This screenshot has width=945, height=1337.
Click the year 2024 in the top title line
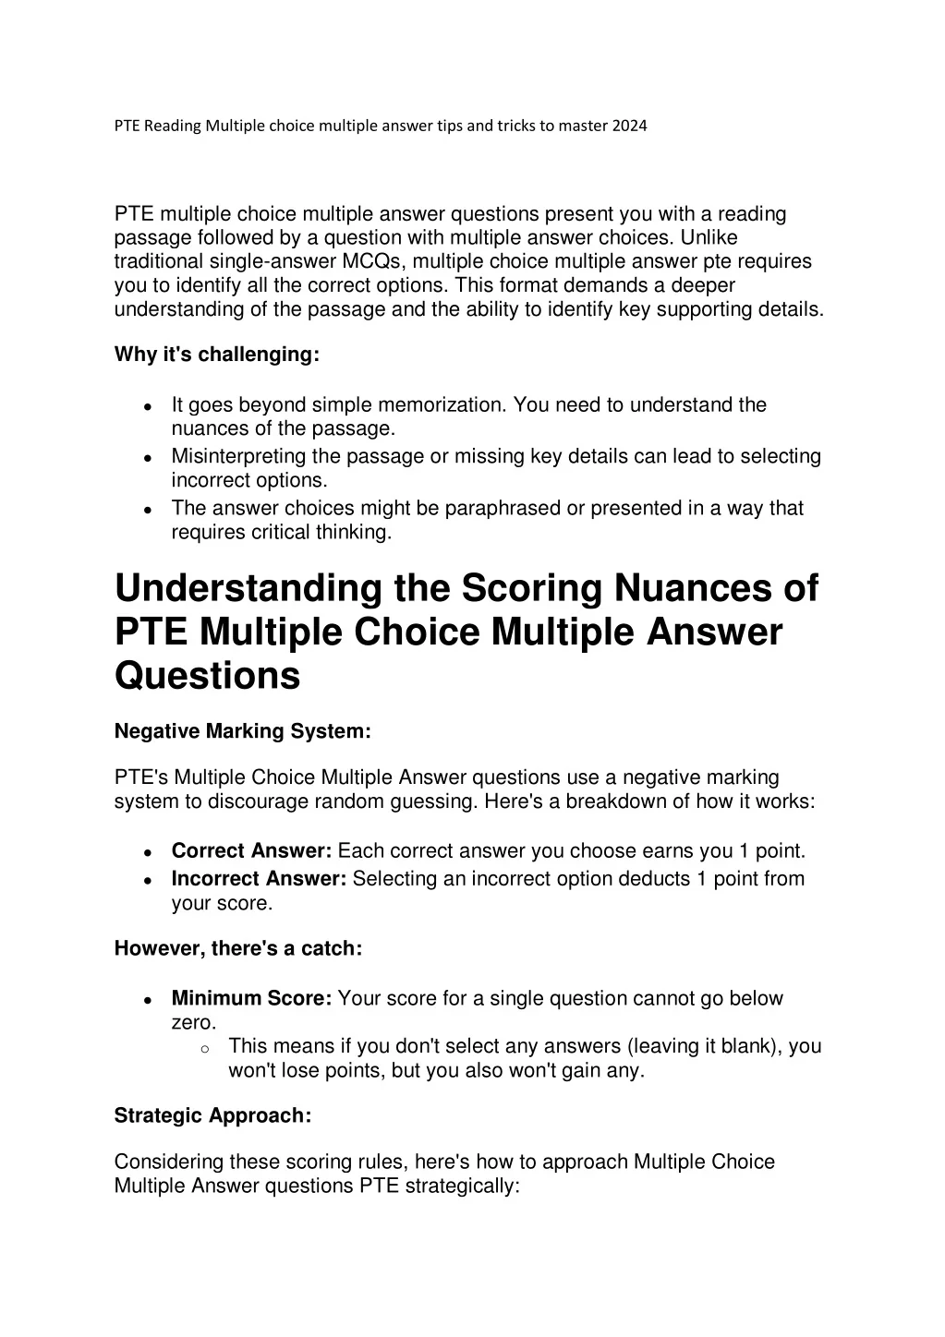point(629,126)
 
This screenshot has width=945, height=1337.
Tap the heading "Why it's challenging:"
point(216,355)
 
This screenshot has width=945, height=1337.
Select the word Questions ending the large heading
point(207,675)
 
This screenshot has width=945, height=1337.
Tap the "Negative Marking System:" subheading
point(242,731)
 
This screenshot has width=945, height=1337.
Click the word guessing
point(427,801)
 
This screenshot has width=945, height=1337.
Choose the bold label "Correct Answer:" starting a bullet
point(251,850)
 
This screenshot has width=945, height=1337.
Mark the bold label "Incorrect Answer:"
point(259,878)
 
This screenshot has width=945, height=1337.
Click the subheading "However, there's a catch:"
point(237,948)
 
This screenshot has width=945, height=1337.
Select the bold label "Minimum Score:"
point(251,998)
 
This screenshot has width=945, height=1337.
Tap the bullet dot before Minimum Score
point(148,1001)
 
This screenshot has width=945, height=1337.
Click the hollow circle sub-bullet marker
point(204,1048)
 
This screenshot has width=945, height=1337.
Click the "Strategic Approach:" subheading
point(212,1115)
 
